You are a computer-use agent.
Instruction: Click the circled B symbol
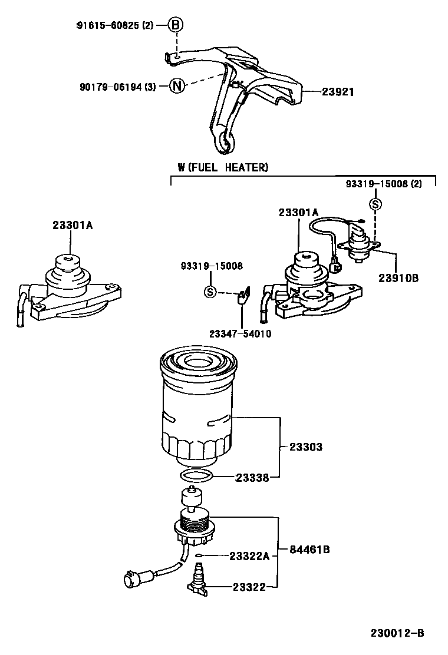click(176, 25)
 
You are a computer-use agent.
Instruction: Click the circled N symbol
click(176, 86)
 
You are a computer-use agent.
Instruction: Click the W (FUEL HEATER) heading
click(223, 168)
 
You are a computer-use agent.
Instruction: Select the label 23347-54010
click(240, 333)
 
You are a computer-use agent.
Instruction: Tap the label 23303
click(306, 447)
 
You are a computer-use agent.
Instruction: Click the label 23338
click(253, 478)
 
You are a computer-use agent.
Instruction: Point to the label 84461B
click(309, 550)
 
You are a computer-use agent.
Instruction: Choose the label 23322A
click(249, 555)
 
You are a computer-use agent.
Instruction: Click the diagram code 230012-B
click(397, 634)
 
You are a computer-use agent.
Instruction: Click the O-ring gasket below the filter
click(195, 476)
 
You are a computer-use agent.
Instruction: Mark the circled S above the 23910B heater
click(374, 204)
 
